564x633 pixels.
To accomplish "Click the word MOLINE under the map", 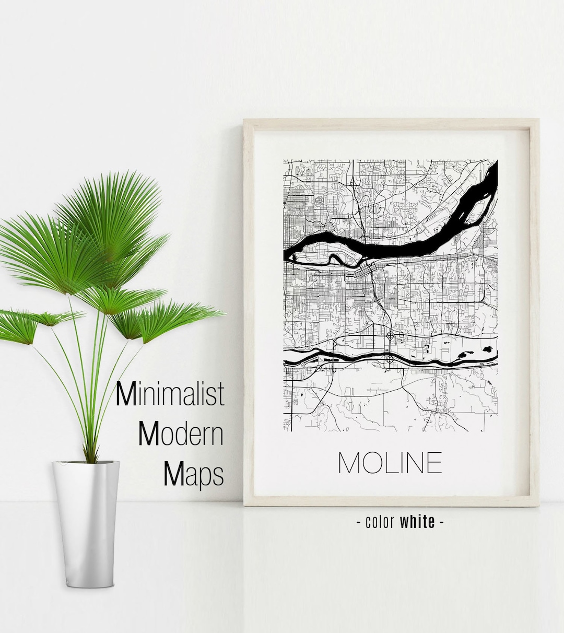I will click(390, 463).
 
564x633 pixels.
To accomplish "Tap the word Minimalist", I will click(170, 394).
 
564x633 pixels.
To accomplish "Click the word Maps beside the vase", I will click(194, 474).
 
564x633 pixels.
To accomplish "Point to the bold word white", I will click(417, 521).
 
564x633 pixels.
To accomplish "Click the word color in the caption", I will click(380, 521).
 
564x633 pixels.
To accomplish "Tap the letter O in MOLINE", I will click(372, 463).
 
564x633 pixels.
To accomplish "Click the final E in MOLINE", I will click(433, 463).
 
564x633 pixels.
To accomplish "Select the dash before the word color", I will click(359, 521).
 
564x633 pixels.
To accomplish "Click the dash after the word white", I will click(442, 521).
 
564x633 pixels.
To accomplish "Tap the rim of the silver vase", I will click(86, 463).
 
